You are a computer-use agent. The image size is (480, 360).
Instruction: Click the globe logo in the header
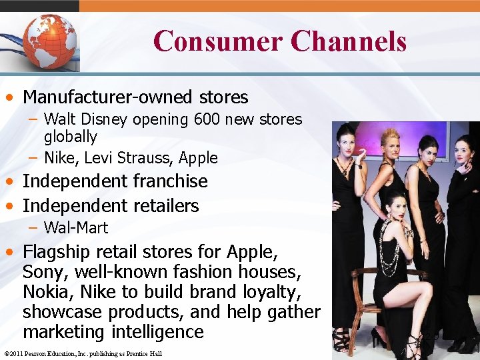[51, 41]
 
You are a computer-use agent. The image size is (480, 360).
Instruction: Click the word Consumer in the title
[217, 41]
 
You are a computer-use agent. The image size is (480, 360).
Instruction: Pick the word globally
[71, 137]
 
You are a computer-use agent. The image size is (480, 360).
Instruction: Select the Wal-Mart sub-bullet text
[75, 228]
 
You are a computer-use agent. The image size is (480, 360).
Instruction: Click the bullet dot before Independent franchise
[12, 181]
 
